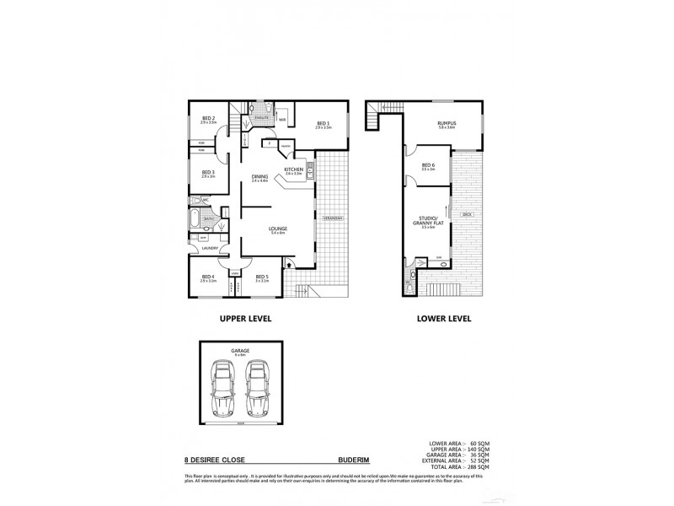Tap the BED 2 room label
point(208,119)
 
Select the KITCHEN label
point(293,170)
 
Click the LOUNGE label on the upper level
point(277,229)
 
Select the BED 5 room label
point(262,277)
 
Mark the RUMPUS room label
point(446,125)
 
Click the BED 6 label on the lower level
point(427,166)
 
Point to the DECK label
point(467,215)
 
